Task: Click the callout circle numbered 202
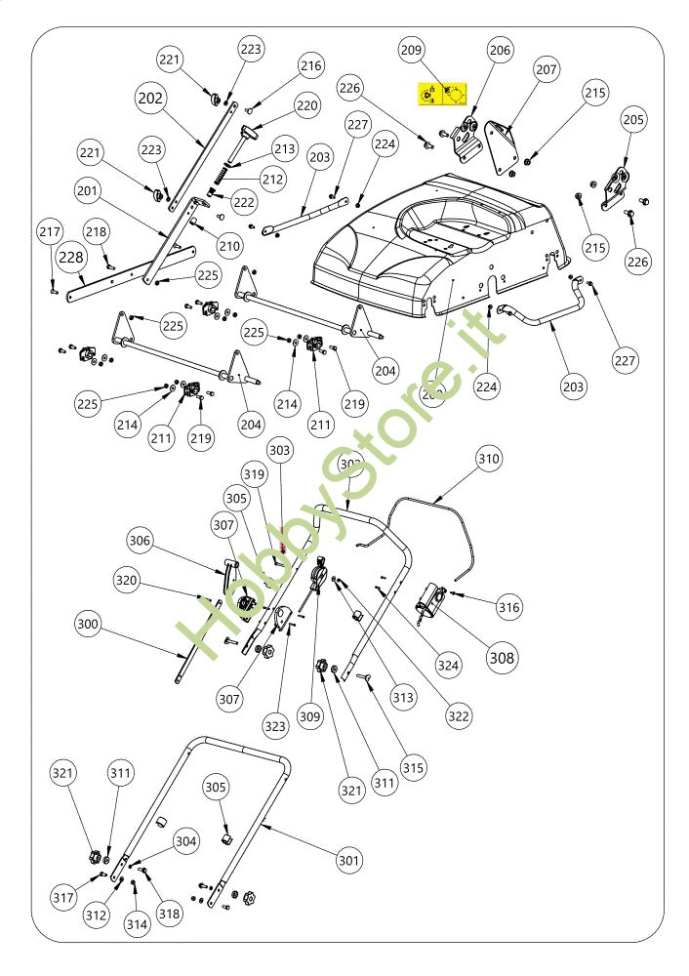point(150,99)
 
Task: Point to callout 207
point(547,70)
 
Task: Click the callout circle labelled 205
point(633,120)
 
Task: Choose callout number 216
point(310,66)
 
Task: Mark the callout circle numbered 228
point(70,258)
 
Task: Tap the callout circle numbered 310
point(488,458)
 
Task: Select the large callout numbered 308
point(502,658)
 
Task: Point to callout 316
point(508,608)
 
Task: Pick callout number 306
point(141,540)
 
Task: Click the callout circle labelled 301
point(349,861)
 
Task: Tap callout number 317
point(62,896)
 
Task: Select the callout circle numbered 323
point(276,725)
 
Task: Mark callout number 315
point(414,768)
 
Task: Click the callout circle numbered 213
point(284,149)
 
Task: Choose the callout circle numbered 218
point(96,232)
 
